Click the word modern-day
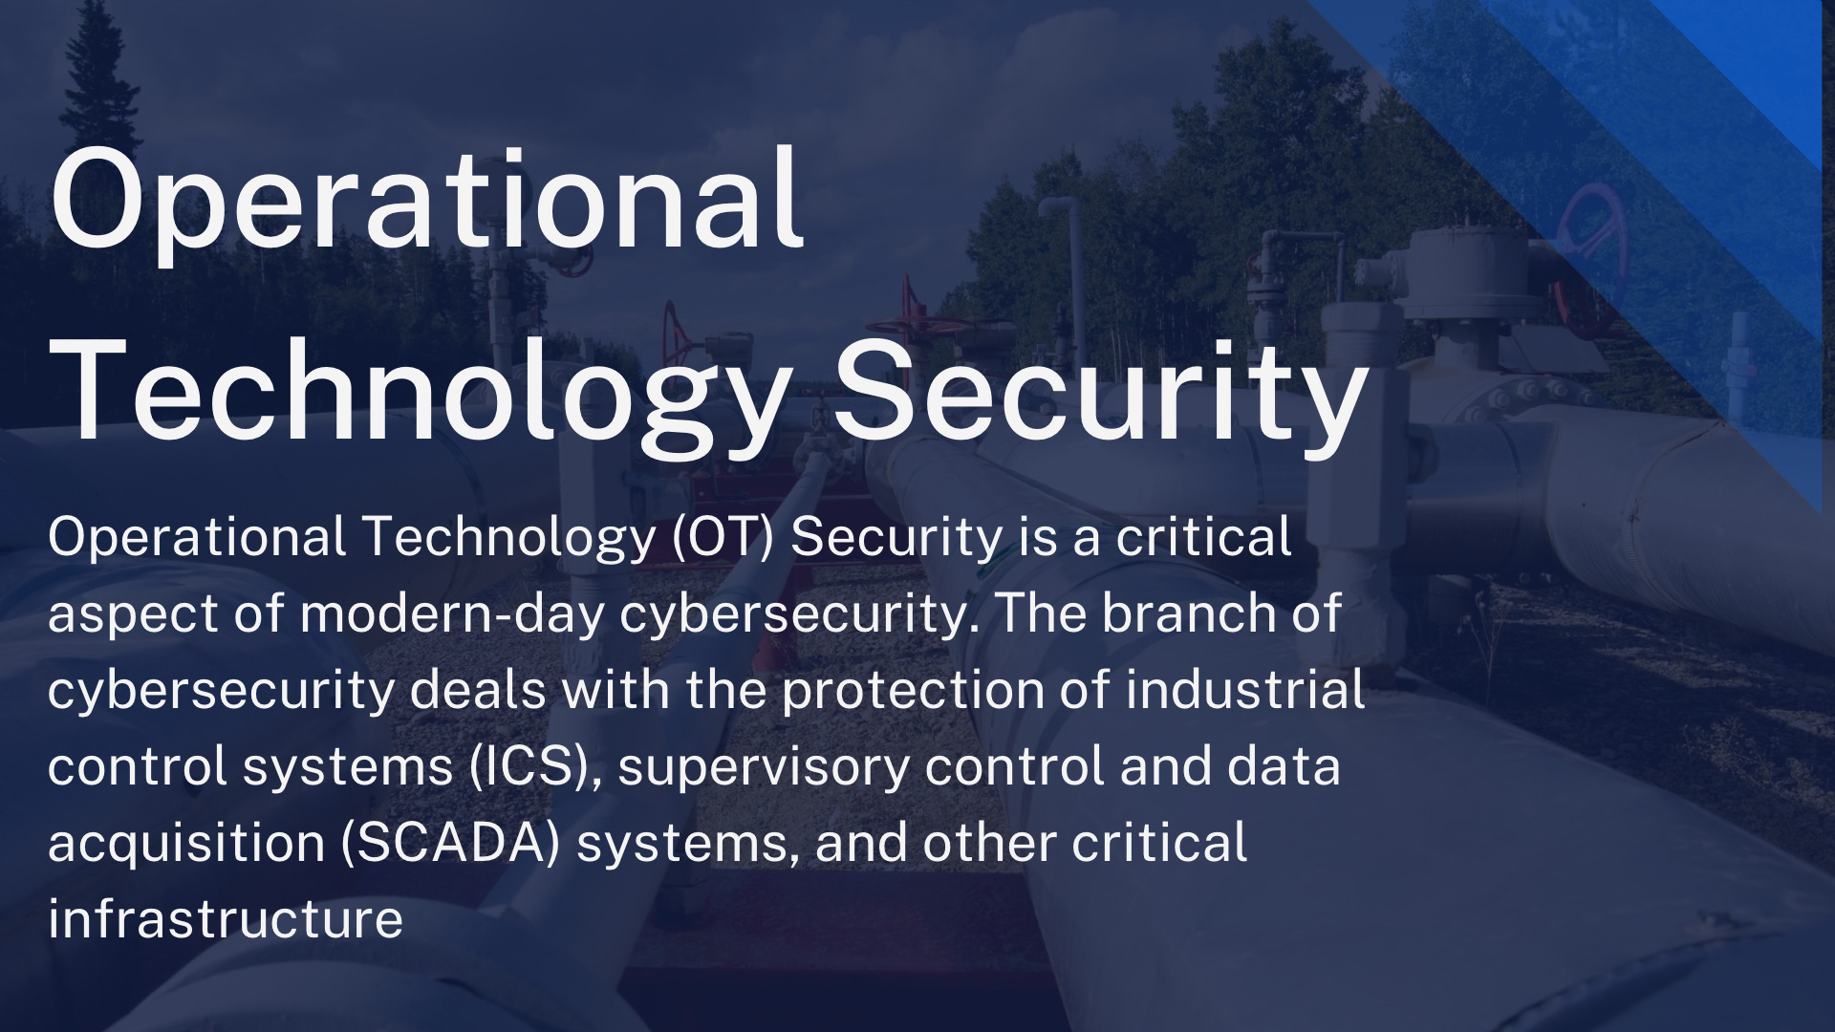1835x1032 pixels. (x=451, y=613)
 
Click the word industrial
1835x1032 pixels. (x=1244, y=690)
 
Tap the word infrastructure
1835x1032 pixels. (x=226, y=919)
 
